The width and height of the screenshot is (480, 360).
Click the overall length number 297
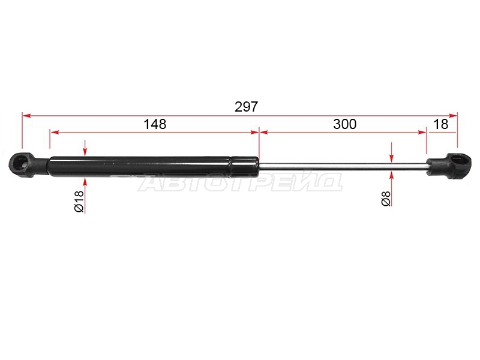pos(247,107)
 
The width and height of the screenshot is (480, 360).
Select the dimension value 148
pos(155,124)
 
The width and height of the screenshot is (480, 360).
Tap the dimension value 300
pos(344,124)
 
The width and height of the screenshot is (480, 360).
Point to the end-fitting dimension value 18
pos(441,124)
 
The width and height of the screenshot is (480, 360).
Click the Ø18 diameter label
pos(79,201)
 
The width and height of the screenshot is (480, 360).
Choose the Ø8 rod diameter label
pos(386,199)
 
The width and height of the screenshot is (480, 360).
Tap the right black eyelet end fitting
pos(449,166)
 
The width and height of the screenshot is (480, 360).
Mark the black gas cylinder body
pos(153,167)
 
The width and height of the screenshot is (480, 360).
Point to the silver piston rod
pos(343,166)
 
